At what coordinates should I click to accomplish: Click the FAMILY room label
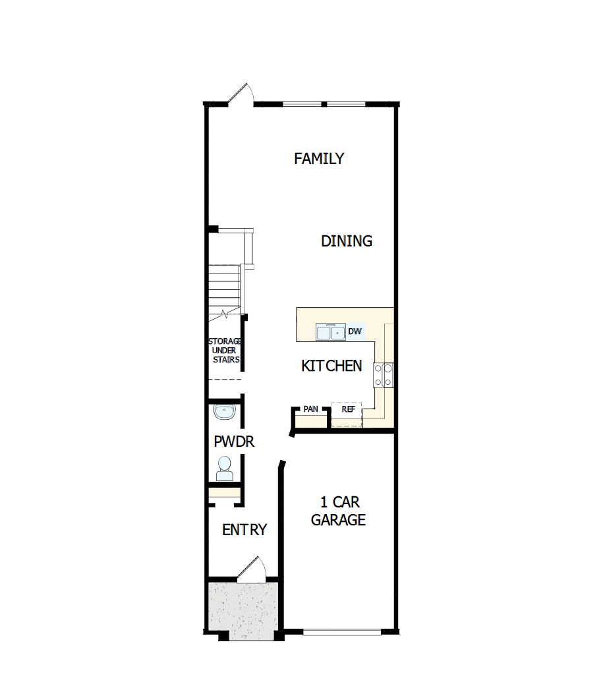tap(319, 159)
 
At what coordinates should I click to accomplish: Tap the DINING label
tap(347, 241)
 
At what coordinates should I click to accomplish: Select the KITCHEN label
tap(331, 366)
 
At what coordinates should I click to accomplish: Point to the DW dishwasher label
tap(355, 331)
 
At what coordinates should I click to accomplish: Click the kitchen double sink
tap(330, 332)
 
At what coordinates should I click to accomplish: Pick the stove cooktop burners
tap(384, 375)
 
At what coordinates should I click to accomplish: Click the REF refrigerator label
tap(348, 409)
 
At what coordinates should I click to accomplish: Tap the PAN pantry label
tap(310, 409)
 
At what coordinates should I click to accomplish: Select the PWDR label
tap(234, 442)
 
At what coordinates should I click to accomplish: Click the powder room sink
tap(225, 413)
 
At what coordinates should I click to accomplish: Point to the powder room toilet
tap(224, 469)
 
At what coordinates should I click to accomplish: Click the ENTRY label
tap(245, 530)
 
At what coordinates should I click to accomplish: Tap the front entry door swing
tap(253, 571)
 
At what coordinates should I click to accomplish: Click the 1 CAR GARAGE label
tap(338, 511)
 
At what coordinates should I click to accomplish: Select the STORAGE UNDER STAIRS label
tap(225, 351)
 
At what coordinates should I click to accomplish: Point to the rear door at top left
tap(241, 94)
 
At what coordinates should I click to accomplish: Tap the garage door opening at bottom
tap(341, 633)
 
